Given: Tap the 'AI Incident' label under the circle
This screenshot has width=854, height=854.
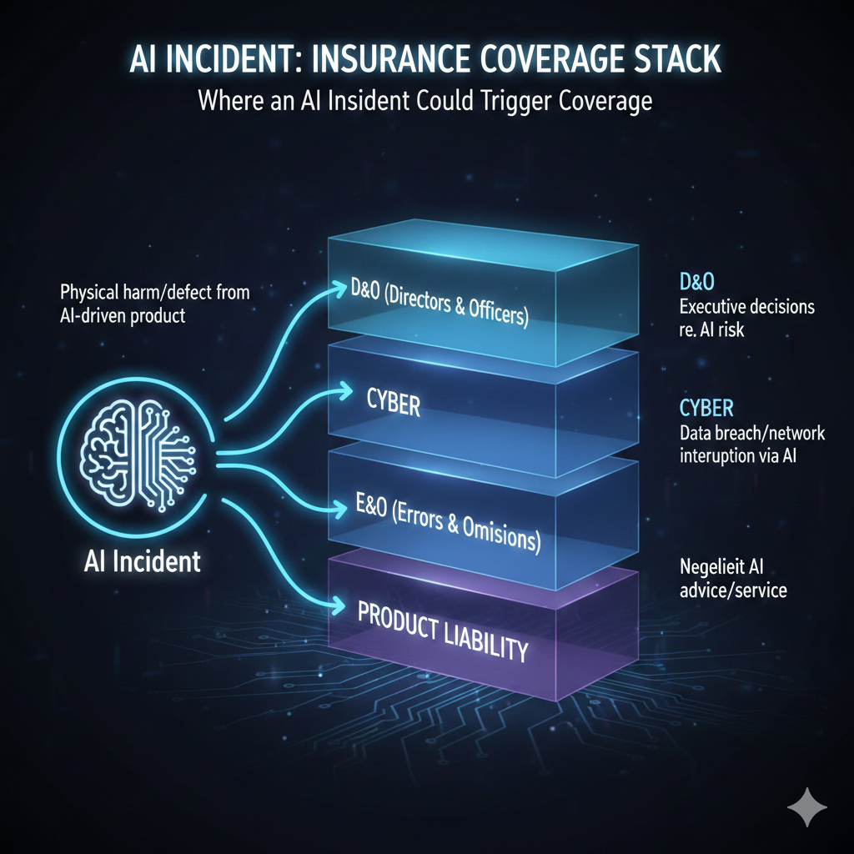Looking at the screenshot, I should pyautogui.click(x=143, y=561).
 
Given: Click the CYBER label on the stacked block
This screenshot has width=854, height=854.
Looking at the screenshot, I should pyautogui.click(x=393, y=405).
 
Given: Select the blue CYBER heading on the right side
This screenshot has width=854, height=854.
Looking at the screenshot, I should pyautogui.click(x=706, y=409).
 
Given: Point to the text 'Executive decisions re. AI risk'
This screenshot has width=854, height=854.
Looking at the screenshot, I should pyautogui.click(x=746, y=318).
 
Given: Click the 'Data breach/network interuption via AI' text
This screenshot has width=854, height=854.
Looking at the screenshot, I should pyautogui.click(x=739, y=445).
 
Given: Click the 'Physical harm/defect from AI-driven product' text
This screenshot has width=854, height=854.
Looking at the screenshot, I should pyautogui.click(x=155, y=304).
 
